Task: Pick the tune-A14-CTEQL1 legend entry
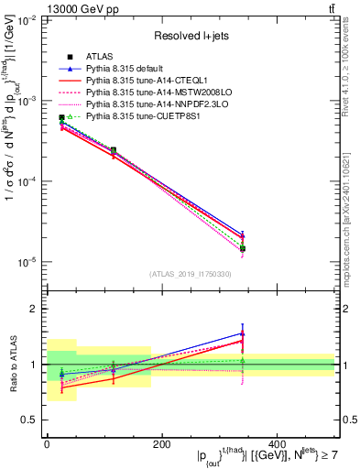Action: point(136,81)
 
